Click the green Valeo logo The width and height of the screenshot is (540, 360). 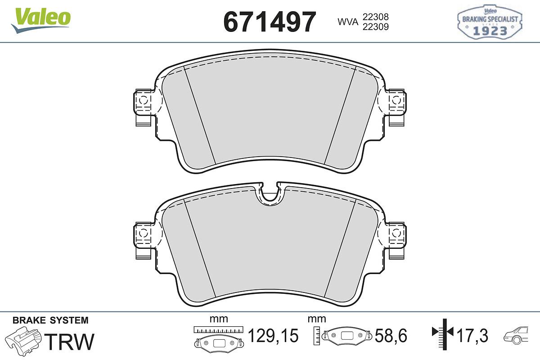pyautogui.click(x=41, y=20)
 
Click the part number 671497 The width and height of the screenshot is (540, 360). pyautogui.click(x=270, y=22)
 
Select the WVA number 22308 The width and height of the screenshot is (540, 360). pyautogui.click(x=376, y=17)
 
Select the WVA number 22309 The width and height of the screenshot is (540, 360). pyautogui.click(x=376, y=27)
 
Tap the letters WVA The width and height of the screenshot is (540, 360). pyautogui.click(x=348, y=22)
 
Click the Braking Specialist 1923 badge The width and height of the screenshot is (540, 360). pyautogui.click(x=490, y=22)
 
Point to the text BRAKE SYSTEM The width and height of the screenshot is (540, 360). pyautogui.click(x=50, y=320)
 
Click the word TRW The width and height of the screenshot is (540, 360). pyautogui.click(x=69, y=342)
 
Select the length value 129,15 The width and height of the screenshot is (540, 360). pyautogui.click(x=273, y=336)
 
